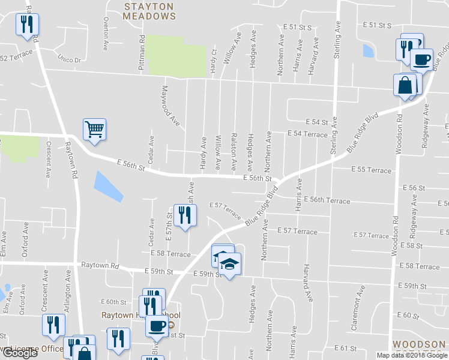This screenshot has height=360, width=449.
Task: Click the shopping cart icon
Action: [94, 128]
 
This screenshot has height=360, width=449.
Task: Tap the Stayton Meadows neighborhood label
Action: [149, 11]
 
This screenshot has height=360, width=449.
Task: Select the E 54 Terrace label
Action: [307, 134]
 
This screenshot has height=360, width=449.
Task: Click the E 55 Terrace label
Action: [370, 170]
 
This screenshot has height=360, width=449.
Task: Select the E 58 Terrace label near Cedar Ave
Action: [170, 254]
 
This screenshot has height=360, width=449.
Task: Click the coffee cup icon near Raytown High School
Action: [157, 326]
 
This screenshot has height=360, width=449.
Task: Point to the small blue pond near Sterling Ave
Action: [368, 51]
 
